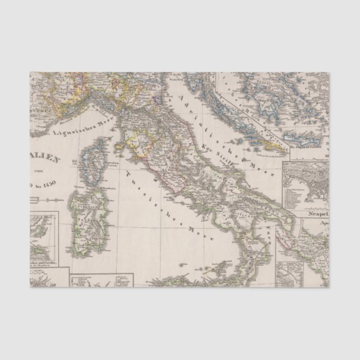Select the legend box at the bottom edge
click(101, 280)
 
